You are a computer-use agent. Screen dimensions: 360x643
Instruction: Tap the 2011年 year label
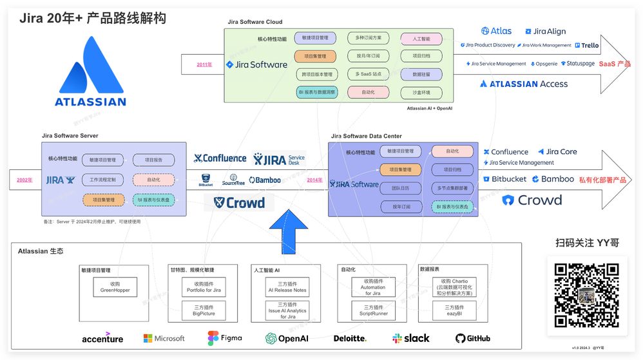(204, 64)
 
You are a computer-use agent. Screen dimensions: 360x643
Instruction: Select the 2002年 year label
(24, 180)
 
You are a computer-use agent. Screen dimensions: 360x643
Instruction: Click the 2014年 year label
(314, 180)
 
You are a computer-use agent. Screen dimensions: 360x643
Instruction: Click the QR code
(582, 295)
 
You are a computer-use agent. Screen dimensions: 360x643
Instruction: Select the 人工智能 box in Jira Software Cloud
(421, 39)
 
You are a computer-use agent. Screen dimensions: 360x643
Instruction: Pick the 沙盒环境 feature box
(421, 93)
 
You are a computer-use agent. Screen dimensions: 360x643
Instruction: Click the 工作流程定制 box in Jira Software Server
(103, 180)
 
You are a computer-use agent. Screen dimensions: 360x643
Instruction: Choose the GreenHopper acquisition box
(115, 287)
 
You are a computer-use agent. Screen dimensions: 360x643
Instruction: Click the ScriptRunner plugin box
(373, 310)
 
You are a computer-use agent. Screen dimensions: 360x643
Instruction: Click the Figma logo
(224, 338)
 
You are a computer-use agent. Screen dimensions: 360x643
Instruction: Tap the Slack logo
(411, 338)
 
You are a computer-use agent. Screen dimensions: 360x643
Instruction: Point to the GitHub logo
(472, 338)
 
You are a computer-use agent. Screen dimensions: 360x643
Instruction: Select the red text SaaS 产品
(614, 64)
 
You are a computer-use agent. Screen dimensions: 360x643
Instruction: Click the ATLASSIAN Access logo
(523, 84)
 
